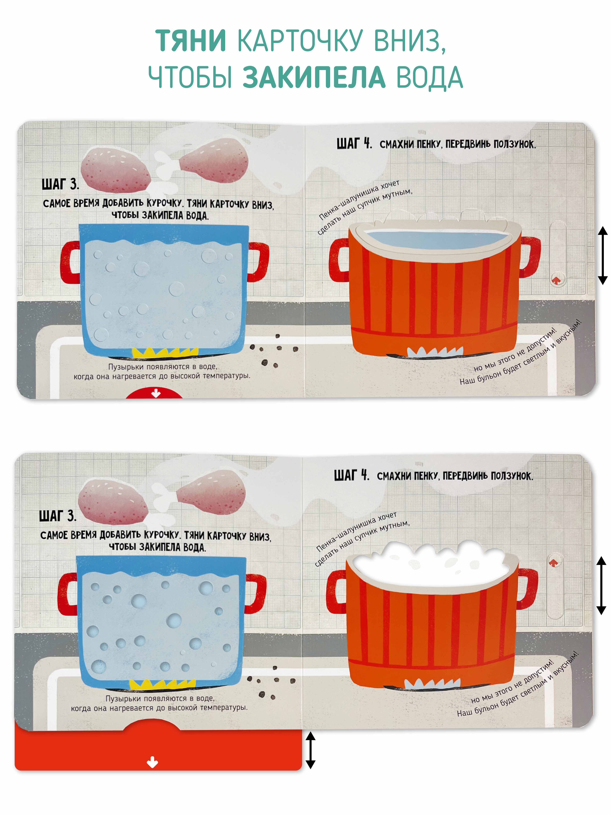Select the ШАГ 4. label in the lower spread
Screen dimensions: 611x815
pyautogui.click(x=351, y=475)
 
